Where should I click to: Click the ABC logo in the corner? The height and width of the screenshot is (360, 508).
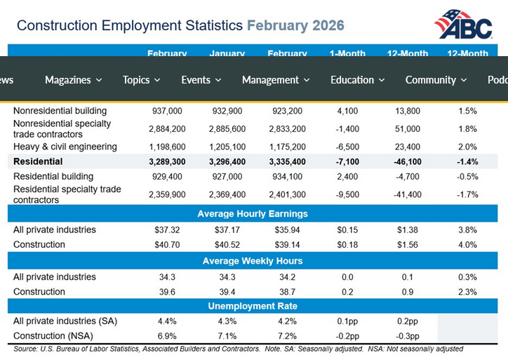click(x=462, y=25)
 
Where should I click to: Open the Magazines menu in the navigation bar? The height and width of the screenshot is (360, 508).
click(x=73, y=80)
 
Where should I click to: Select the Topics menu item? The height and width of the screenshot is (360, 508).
click(x=141, y=80)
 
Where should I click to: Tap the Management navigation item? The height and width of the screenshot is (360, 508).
click(x=276, y=80)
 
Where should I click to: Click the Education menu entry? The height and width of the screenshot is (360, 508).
click(x=357, y=80)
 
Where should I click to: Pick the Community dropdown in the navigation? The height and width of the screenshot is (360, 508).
click(x=436, y=80)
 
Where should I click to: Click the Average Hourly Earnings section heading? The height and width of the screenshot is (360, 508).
click(x=253, y=214)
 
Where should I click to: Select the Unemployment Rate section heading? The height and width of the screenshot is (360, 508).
click(x=253, y=306)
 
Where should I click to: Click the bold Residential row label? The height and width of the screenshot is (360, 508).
click(x=38, y=161)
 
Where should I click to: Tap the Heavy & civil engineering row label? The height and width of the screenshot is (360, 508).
click(x=65, y=147)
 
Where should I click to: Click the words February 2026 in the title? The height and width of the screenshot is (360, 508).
click(x=295, y=26)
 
